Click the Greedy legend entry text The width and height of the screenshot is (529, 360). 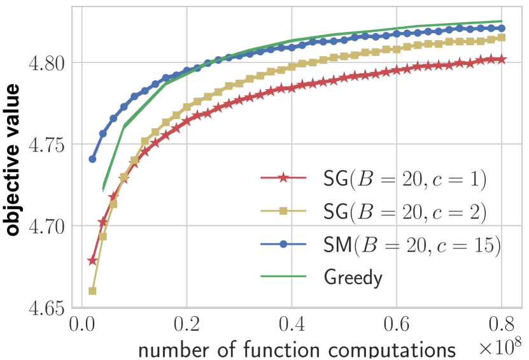[x=353, y=277]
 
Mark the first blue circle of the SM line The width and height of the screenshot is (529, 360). [x=92, y=159]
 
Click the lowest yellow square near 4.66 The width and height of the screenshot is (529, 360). [x=92, y=291]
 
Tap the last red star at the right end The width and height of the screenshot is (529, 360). [x=502, y=59]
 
